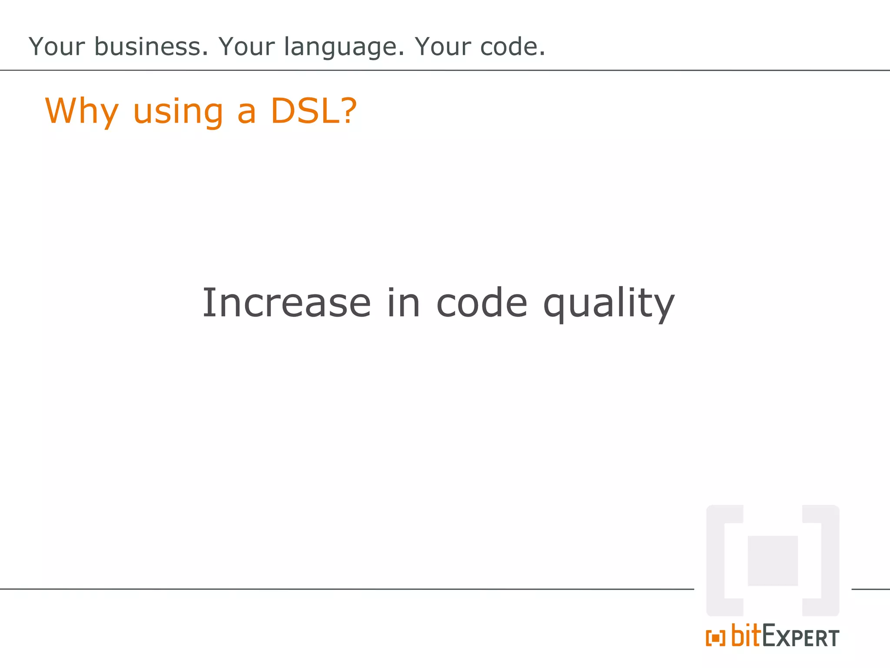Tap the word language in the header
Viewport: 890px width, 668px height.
(344, 47)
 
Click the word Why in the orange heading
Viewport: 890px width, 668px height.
(82, 111)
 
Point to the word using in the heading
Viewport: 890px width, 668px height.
(178, 112)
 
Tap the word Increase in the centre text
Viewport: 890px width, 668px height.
(286, 303)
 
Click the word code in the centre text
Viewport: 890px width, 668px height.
(482, 303)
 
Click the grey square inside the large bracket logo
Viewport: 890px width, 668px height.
(773, 561)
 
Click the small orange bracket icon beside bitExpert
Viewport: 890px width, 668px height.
(715, 638)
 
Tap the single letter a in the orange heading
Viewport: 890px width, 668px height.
(246, 112)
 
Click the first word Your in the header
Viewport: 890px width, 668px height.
(56, 47)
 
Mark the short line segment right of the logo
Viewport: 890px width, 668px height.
(870, 589)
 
